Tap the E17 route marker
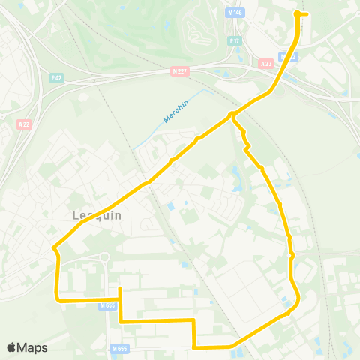coord(235,40)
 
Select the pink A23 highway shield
coord(265,64)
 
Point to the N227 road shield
coord(177,71)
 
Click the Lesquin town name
coord(97,215)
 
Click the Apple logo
coord(11,347)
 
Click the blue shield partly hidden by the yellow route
coord(288,57)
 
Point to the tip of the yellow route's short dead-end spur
coord(120,288)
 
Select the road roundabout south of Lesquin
coord(105,257)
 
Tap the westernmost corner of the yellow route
coord(53,247)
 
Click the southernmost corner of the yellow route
coord(195,347)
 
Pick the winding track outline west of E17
coord(197,30)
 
